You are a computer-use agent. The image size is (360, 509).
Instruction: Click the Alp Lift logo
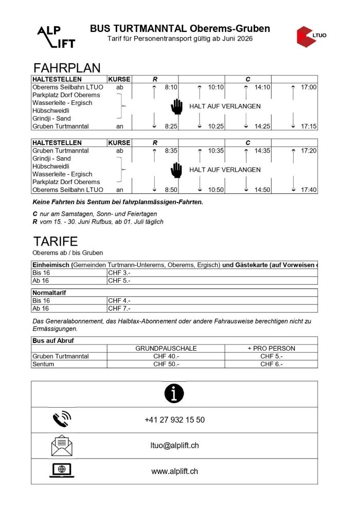[56, 37]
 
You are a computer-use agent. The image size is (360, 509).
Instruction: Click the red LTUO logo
[311, 37]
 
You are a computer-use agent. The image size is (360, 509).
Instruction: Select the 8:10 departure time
[171, 87]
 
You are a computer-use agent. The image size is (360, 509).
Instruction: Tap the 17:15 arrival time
[309, 126]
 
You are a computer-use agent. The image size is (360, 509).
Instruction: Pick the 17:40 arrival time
[309, 190]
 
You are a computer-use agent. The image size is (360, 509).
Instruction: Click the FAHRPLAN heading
[66, 68]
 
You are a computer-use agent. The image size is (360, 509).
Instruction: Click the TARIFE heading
[56, 242]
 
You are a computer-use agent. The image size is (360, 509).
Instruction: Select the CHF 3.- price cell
[119, 272]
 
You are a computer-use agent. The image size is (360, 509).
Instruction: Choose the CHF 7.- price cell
[119, 308]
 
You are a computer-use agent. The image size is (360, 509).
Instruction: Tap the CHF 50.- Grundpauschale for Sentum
[166, 363]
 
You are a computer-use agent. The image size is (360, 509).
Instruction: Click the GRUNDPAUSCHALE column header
[166, 348]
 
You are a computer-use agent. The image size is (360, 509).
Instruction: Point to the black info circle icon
[174, 394]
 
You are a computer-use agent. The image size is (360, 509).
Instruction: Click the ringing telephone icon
[62, 420]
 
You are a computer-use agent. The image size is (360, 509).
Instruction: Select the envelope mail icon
[62, 445]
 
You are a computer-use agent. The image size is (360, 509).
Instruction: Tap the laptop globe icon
[62, 470]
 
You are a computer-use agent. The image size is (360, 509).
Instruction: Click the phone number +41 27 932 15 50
[174, 420]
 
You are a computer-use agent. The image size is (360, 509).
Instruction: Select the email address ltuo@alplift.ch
[174, 445]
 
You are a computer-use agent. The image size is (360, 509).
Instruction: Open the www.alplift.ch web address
[174, 471]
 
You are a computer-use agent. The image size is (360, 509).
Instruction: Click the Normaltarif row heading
[49, 293]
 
